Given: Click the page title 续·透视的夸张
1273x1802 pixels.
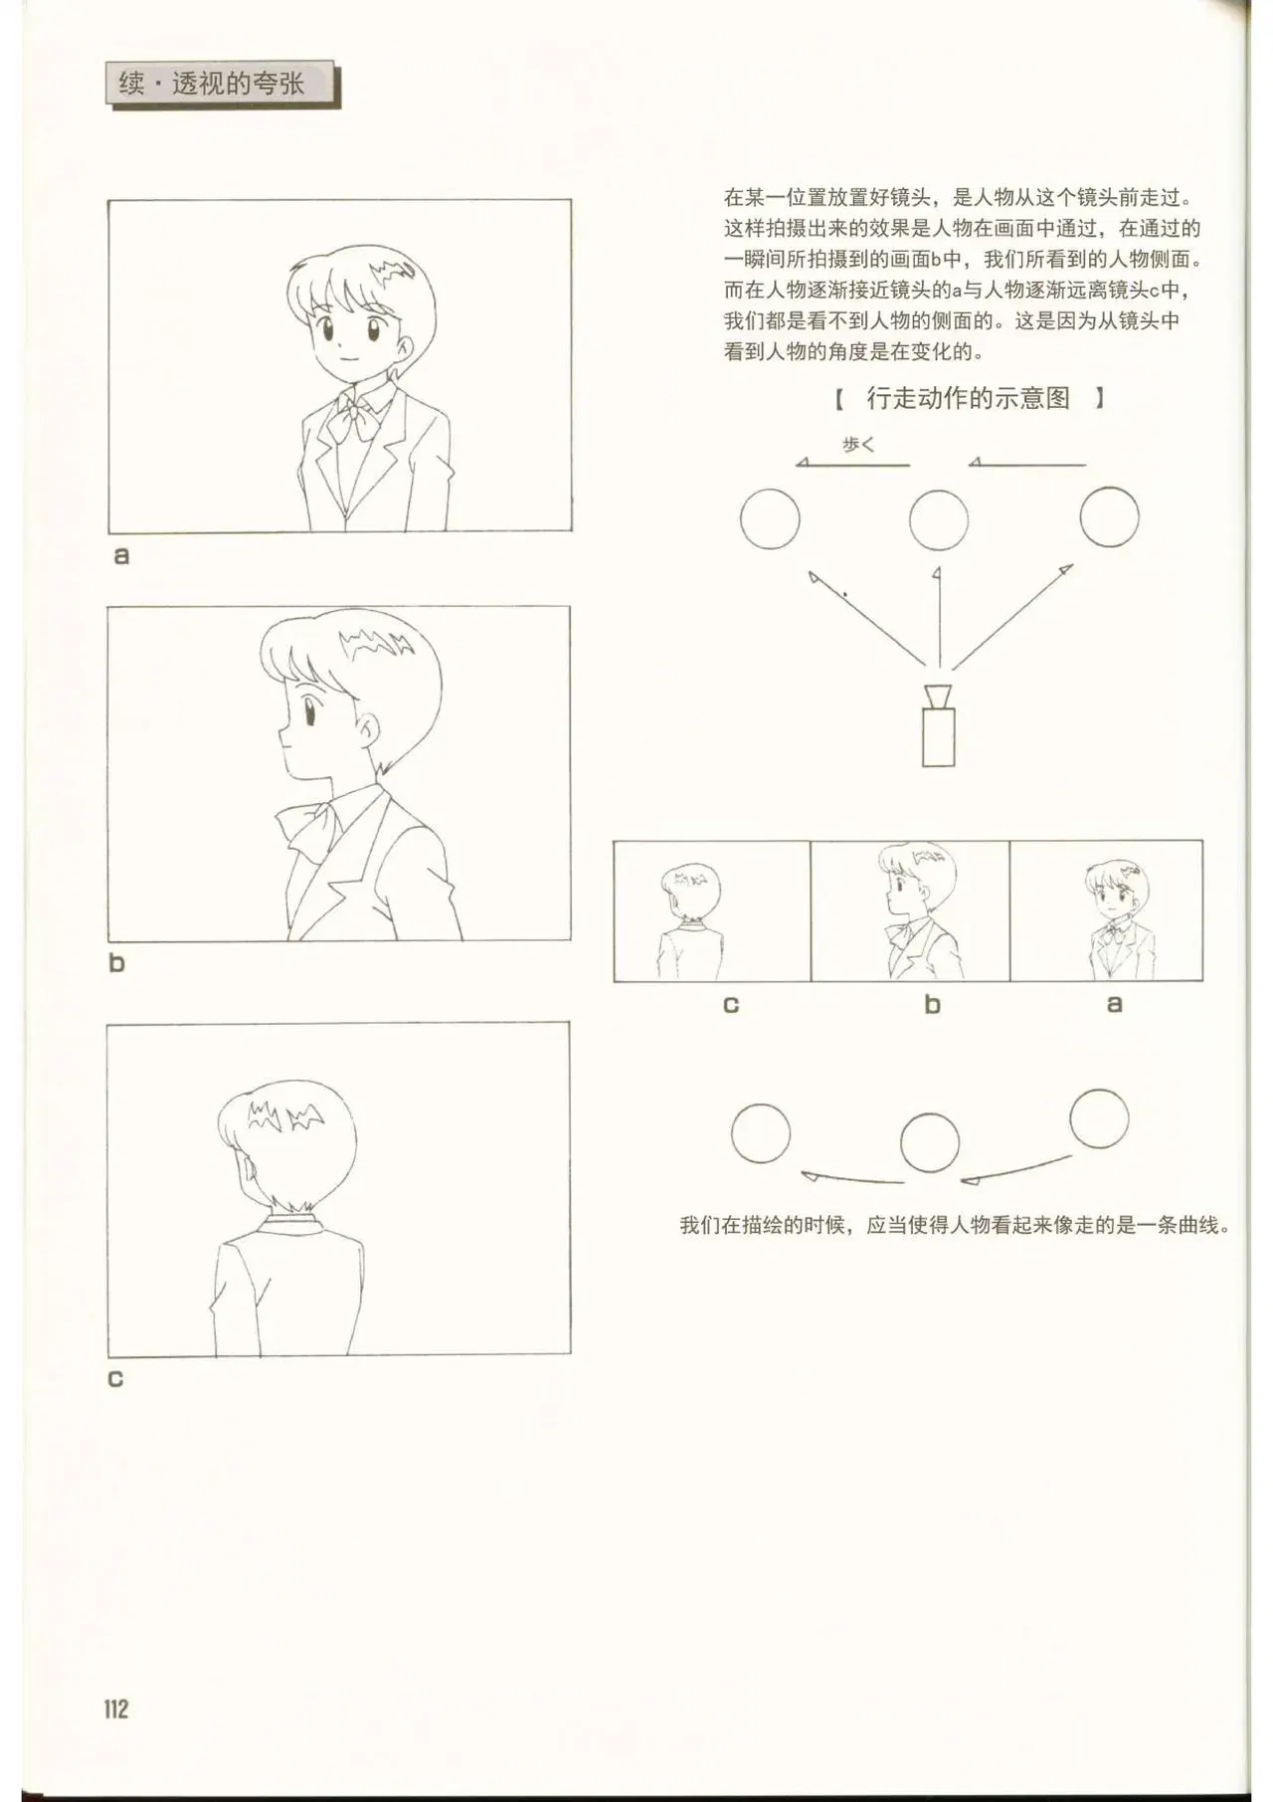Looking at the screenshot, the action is [x=212, y=84].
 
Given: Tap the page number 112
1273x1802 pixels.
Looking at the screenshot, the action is [x=116, y=1709].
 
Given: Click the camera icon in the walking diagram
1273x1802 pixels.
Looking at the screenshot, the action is [x=938, y=725].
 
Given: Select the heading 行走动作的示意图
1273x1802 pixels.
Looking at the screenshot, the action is [x=969, y=399].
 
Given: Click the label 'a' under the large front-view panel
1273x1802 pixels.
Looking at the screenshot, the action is [x=121, y=556].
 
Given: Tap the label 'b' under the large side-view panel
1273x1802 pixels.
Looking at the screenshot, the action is [x=117, y=963].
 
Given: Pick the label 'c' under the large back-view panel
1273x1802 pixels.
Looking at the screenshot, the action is [x=115, y=1379].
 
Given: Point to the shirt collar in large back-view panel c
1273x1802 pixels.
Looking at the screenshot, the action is [x=290, y=1221].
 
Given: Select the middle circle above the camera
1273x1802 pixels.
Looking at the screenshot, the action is [x=939, y=519].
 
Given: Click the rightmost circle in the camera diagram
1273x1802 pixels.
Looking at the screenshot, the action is [x=1109, y=517].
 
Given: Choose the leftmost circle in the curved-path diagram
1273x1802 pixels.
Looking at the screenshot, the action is [x=761, y=1134].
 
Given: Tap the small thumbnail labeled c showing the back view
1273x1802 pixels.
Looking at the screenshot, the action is [x=712, y=911].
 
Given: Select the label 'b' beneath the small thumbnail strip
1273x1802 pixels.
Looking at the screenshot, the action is [x=932, y=1005].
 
